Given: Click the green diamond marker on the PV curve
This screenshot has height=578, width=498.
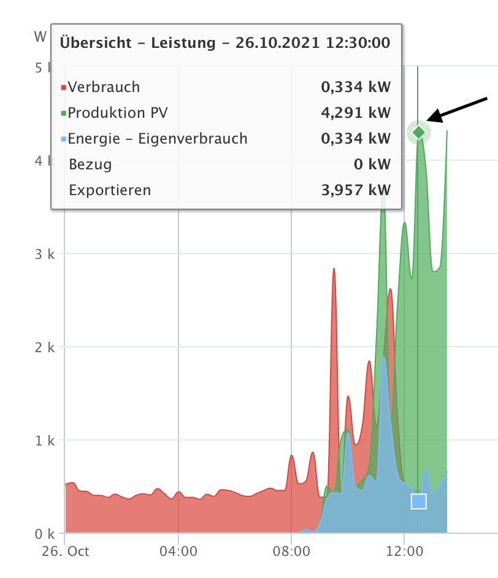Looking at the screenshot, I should [419, 132].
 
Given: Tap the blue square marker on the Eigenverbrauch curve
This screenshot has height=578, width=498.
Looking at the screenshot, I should [418, 501].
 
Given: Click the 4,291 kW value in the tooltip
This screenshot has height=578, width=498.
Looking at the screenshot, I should [356, 113].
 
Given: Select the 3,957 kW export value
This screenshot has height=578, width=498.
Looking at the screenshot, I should [356, 190].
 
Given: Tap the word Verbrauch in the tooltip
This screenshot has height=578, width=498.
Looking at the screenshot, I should [104, 87].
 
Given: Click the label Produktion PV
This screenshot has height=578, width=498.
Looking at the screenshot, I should [117, 113].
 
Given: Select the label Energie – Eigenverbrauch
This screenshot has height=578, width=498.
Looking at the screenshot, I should [158, 139].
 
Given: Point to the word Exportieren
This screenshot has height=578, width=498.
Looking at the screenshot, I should [110, 190].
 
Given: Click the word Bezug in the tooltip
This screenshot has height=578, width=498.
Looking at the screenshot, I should [90, 164].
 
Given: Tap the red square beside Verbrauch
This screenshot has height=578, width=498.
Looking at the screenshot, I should [63, 88].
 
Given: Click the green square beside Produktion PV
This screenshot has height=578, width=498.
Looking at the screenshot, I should [63, 114].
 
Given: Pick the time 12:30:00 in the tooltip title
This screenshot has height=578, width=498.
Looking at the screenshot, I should [359, 42].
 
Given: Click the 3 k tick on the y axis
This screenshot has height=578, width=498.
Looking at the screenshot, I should [44, 253].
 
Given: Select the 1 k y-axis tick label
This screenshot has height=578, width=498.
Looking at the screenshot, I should [44, 440].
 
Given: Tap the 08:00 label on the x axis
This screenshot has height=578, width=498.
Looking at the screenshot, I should [291, 551].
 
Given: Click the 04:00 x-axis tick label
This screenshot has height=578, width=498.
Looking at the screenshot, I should [178, 551].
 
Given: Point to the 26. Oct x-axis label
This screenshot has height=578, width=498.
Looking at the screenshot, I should [65, 551].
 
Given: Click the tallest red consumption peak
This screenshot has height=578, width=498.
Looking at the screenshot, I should [334, 270].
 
